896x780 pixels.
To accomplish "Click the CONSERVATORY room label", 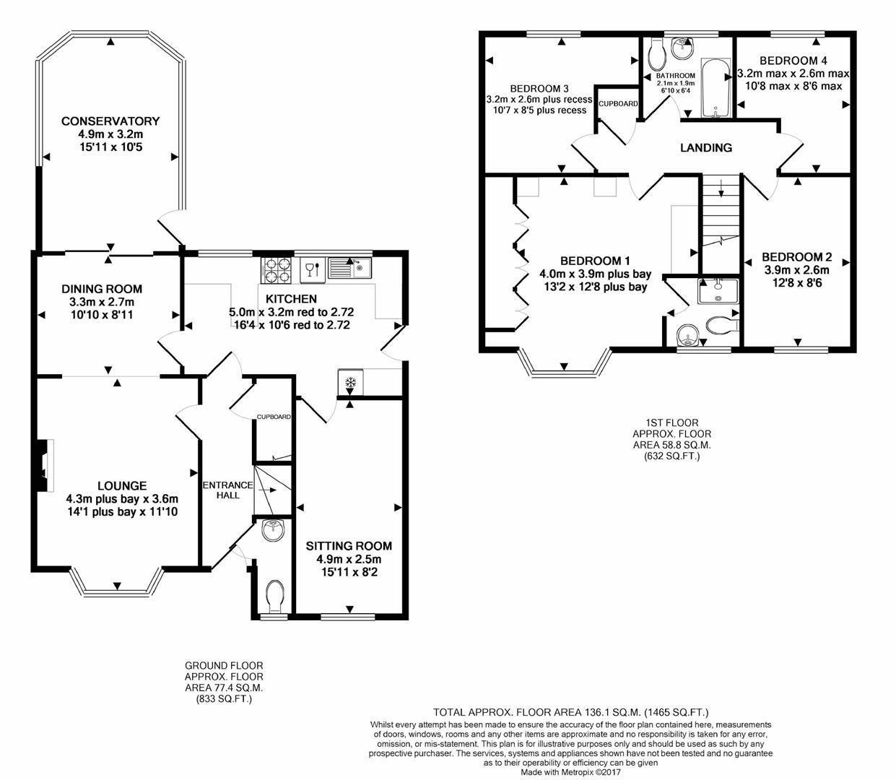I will pos(110,121).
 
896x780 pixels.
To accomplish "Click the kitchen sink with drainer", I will pos(349,269).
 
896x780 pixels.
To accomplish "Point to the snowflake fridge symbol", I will pos(350,382).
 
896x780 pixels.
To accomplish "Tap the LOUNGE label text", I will pos(122,486).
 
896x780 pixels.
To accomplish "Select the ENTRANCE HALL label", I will pos(227,490).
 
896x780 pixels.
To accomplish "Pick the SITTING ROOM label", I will pos(349,546).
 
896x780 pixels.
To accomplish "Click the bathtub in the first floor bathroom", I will pos(716,90).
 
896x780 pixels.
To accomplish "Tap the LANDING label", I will pos(706,148).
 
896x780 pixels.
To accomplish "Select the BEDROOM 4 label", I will pos(793,61).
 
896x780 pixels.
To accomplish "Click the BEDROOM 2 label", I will pos(796,257).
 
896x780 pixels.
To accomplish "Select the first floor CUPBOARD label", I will pos(618,104).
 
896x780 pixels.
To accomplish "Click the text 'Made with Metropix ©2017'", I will pos(570,771).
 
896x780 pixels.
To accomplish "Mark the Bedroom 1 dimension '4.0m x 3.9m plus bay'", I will pos(595,274).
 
